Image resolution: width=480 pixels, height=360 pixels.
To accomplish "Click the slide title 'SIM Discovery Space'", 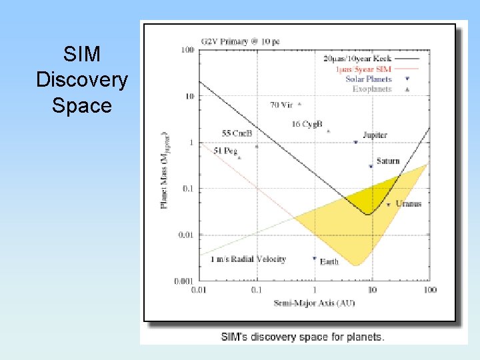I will point(82,80).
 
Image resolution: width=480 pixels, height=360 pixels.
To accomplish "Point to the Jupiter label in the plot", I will point(375,135).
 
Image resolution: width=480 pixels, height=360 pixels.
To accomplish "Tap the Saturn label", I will point(388,161).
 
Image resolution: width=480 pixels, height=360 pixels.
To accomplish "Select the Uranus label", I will point(408,203).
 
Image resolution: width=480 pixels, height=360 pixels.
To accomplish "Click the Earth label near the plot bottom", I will point(329,261).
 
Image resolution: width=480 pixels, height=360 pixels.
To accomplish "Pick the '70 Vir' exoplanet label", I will point(282,105).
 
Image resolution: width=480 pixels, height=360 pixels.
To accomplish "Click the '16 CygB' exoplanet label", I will point(307,124).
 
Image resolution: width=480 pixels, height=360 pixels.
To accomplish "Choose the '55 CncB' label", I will point(237,133).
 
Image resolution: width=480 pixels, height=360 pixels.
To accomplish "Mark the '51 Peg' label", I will point(226,151).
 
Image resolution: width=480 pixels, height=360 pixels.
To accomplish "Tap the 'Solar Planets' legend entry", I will point(369,79).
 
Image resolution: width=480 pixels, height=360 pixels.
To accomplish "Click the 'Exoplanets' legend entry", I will point(372,89).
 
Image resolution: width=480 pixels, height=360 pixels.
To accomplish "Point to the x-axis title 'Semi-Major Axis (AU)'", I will point(314,303).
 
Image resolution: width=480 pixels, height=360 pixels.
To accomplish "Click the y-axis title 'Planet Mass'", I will point(165,170).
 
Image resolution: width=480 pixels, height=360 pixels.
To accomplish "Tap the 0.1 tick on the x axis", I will point(257,290).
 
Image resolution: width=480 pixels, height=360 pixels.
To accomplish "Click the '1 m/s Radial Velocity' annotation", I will point(248,259).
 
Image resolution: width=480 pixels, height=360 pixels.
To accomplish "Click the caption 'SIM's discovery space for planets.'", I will point(303,337).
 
